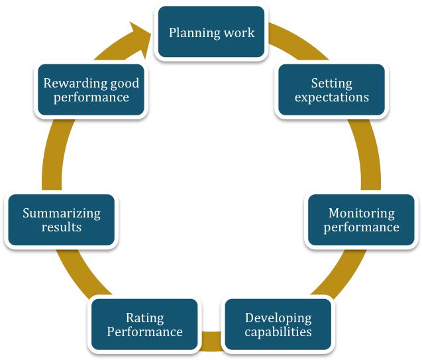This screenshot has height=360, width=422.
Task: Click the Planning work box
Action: point(211,32)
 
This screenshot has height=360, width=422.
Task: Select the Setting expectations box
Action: point(331,90)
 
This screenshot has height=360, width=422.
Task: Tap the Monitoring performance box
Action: point(361,220)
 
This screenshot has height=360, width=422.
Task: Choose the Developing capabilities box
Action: point(278,324)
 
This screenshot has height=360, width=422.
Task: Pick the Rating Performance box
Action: point(144,324)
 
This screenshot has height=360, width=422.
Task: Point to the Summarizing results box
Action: point(62,220)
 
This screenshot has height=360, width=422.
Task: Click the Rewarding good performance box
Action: point(91,90)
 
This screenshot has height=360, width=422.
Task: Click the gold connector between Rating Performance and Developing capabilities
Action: point(211,341)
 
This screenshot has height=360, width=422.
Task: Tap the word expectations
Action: point(331,97)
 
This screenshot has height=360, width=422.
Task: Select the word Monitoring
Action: point(361,213)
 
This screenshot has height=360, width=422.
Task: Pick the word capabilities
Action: point(278,331)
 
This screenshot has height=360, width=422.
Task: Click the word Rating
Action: point(144,318)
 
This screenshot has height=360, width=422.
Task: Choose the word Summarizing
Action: point(62,213)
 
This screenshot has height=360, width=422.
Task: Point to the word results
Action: point(62,227)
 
